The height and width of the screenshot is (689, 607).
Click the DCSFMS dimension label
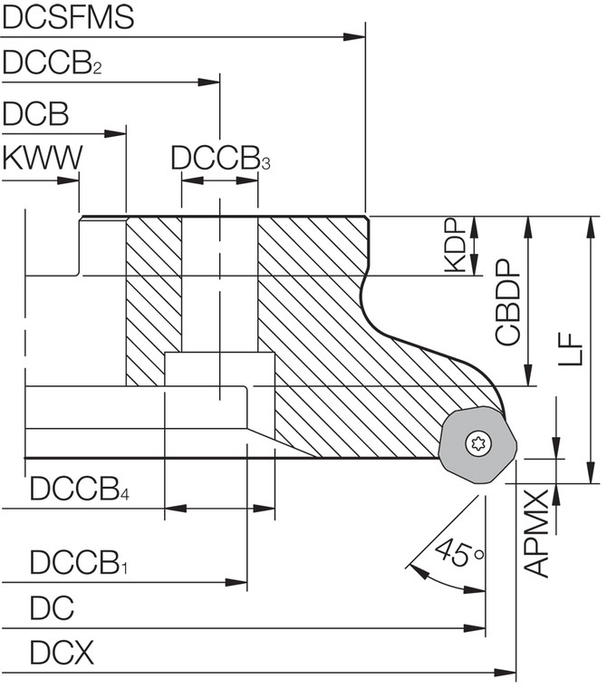pyautogui.click(x=68, y=17)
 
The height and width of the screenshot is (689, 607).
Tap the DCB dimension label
pyautogui.click(x=35, y=114)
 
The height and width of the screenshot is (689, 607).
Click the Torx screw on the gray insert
pyautogui.click(x=476, y=443)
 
